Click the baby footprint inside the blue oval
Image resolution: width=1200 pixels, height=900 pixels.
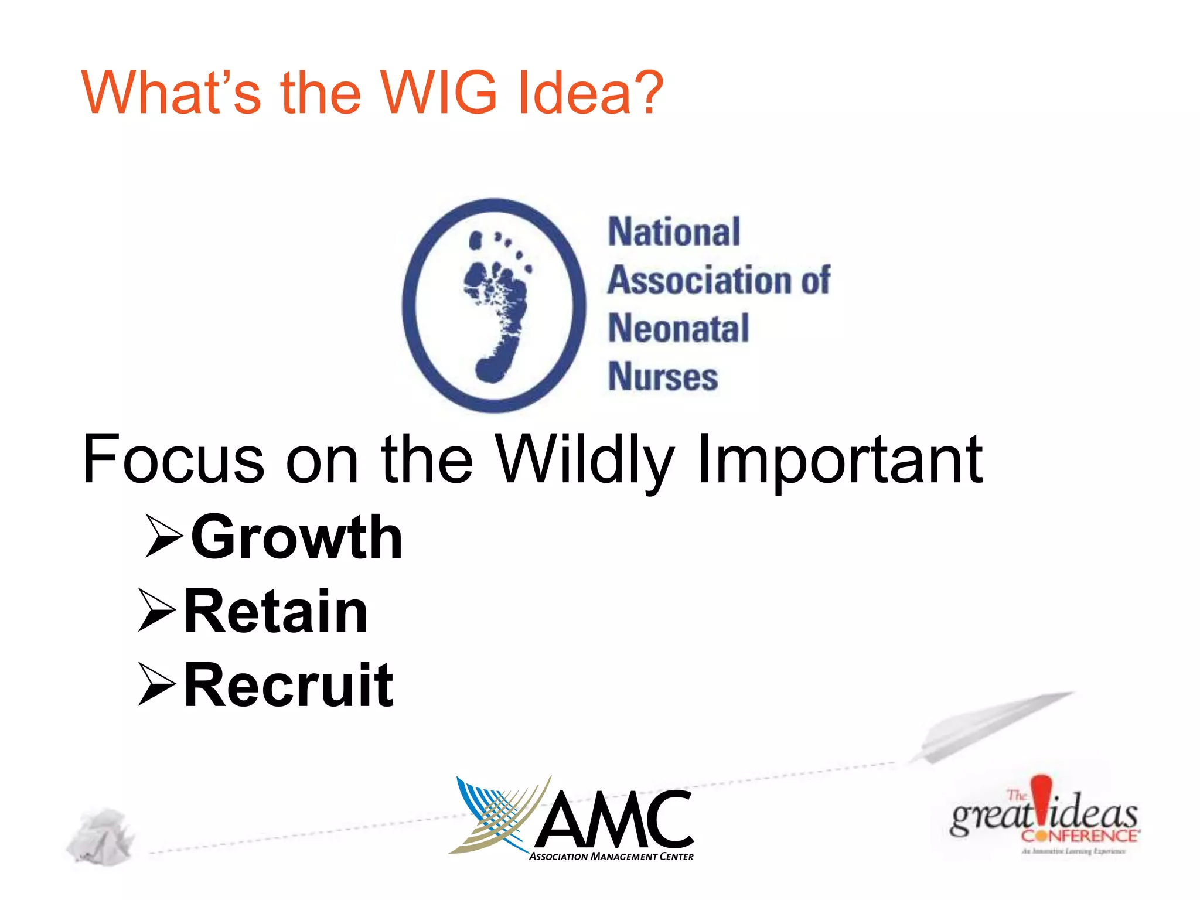coord(497,305)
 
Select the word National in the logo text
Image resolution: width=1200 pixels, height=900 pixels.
coord(674,232)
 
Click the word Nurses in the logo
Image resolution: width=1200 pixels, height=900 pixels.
coord(663,377)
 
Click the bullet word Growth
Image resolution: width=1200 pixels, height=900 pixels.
coord(297,537)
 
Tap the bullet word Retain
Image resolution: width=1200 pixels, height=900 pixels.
coord(276,611)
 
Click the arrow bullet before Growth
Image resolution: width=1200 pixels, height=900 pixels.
coord(164,536)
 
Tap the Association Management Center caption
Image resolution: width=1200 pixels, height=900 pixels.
coord(611,857)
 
